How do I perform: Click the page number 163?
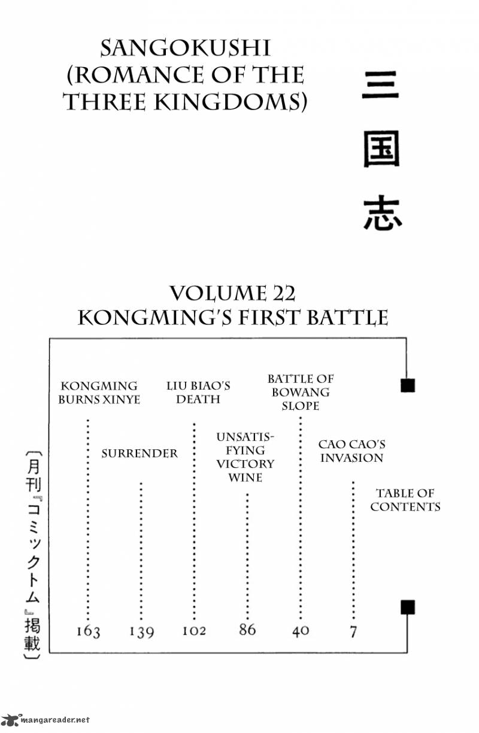click(88, 631)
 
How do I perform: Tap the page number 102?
click(194, 631)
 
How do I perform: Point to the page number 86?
click(247, 629)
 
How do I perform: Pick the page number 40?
click(301, 631)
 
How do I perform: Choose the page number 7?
click(353, 631)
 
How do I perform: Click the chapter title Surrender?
click(140, 454)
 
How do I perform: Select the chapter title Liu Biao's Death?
click(198, 393)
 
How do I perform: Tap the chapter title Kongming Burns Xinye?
click(99, 393)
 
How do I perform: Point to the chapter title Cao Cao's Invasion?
click(351, 451)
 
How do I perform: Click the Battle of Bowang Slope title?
click(301, 393)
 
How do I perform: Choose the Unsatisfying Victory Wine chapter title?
click(245, 457)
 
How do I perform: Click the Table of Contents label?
click(405, 500)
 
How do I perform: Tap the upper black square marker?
click(408, 385)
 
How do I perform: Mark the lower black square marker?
click(408, 607)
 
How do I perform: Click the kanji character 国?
click(382, 149)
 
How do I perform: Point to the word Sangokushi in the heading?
click(186, 48)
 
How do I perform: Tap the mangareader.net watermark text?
click(54, 720)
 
